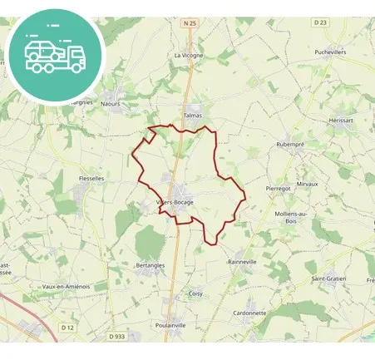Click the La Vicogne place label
pos(189,55)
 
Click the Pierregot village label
pos(278,189)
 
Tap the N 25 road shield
pos(188,24)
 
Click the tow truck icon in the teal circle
pos(55,54)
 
